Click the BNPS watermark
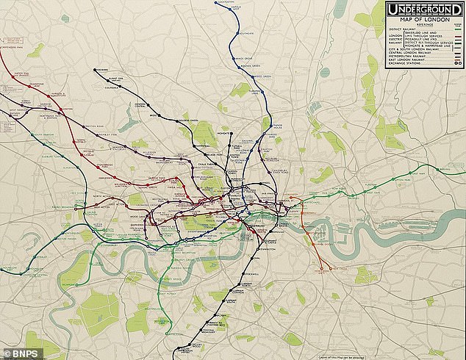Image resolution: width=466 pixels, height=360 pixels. pyautogui.click(x=21, y=353)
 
